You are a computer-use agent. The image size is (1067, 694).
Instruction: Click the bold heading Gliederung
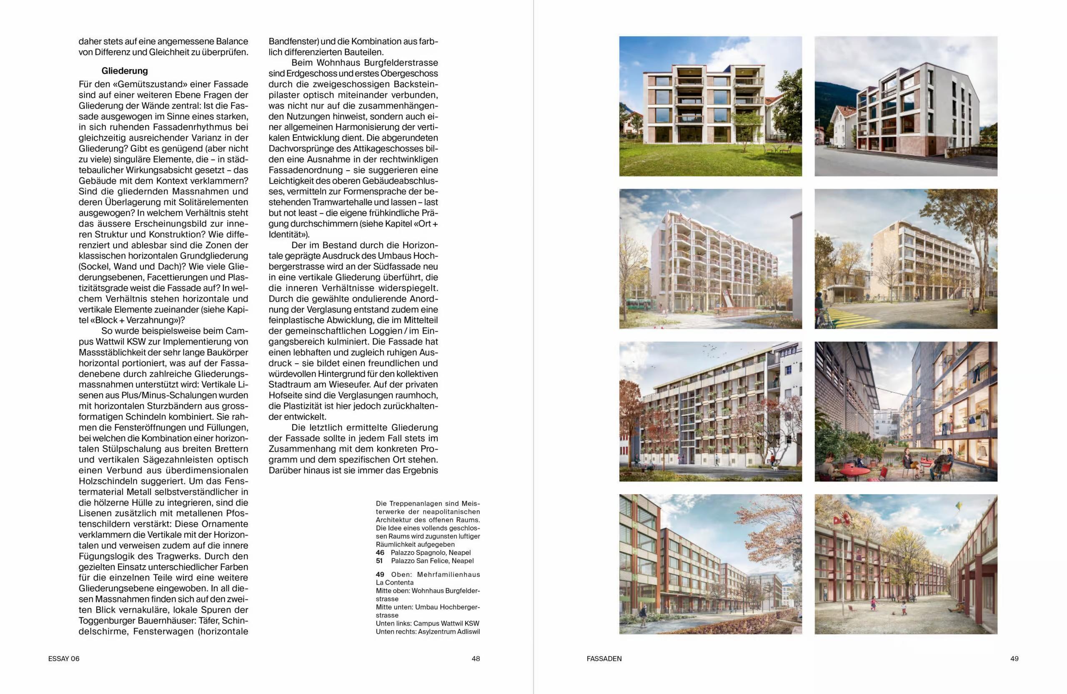point(124,71)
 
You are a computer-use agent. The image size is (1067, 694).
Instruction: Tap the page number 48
point(476,659)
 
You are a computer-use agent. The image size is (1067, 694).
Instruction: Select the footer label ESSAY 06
point(64,659)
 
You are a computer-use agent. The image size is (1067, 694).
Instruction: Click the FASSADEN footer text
point(604,659)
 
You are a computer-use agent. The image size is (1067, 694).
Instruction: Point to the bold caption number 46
point(380,553)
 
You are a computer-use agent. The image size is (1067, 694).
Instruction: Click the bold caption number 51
point(380,561)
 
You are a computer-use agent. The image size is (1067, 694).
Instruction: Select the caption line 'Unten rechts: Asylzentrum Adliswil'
point(428,631)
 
